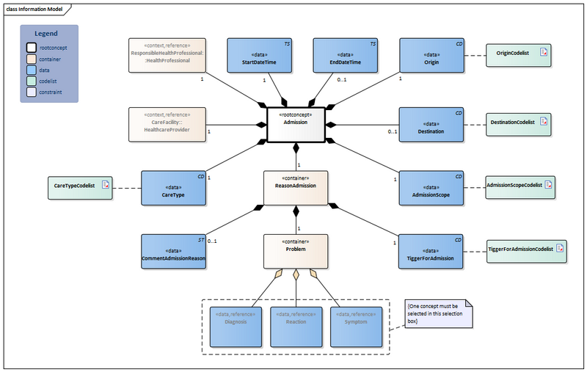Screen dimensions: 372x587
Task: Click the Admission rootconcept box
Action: (x=296, y=125)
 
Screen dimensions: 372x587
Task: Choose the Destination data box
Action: (x=431, y=125)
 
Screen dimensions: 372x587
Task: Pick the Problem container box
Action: (x=296, y=251)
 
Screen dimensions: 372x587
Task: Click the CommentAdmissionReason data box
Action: (x=173, y=252)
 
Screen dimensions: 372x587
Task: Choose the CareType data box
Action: (x=173, y=189)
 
